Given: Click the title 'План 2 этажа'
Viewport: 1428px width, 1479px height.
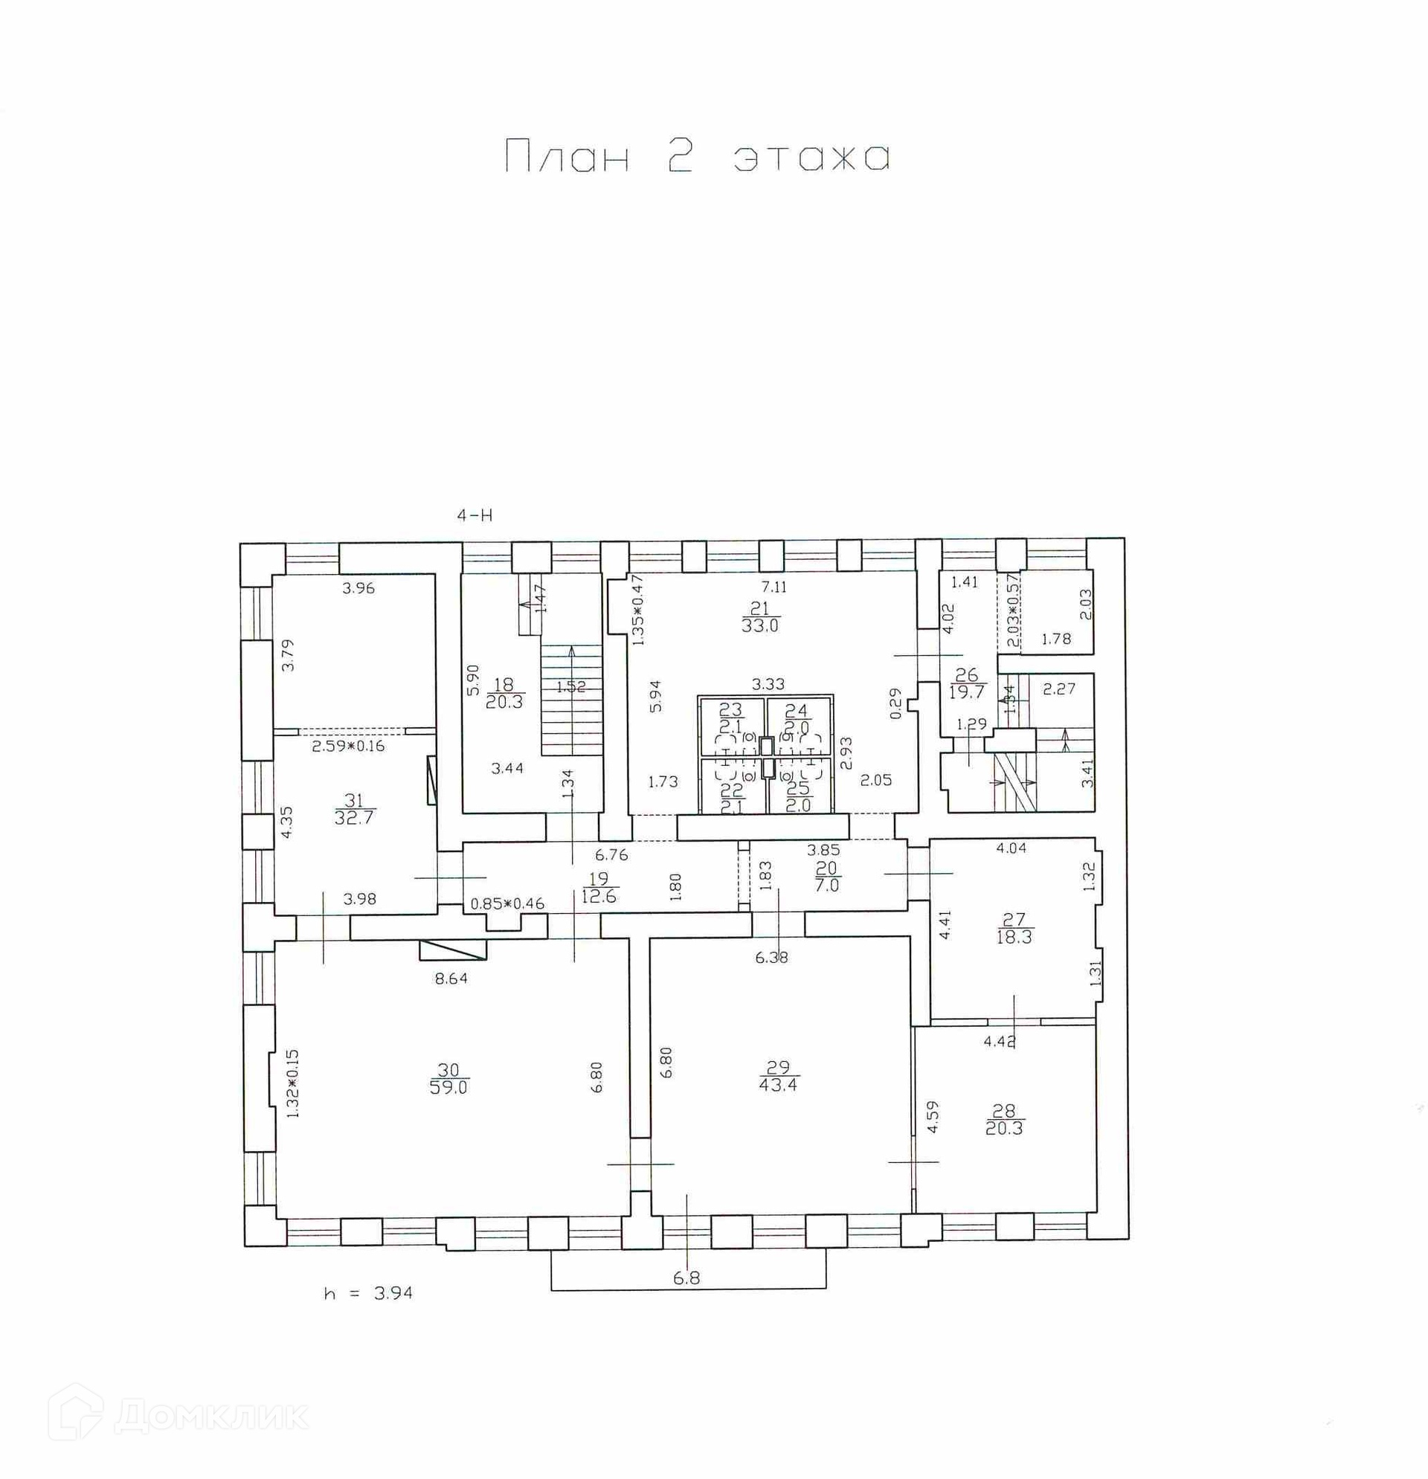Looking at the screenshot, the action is coord(698,157).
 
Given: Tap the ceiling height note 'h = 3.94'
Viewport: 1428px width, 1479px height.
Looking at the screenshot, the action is coord(368,1292).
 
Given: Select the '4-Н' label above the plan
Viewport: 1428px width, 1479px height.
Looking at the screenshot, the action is coord(475,515).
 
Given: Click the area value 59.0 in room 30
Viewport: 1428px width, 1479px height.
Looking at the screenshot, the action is coord(448,1087).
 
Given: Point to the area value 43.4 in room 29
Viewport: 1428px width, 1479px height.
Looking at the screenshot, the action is coord(778,1085).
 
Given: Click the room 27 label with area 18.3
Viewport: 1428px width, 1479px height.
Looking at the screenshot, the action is coord(1014,928).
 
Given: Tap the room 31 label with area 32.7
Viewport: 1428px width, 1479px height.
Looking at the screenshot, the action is coord(354,808).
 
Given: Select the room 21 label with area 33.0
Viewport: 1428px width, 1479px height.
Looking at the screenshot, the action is coord(759,617).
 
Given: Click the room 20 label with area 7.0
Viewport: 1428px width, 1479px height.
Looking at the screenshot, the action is coord(826,877).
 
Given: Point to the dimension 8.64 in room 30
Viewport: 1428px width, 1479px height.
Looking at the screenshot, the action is coord(451,979).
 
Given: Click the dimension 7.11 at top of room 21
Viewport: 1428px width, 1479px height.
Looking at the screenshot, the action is coord(773,586).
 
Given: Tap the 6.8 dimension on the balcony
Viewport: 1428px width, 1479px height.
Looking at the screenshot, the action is coord(686,1277).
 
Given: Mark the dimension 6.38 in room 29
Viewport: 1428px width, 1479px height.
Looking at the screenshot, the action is coord(771,958).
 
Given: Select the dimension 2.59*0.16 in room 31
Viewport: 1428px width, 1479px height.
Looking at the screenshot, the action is coord(348,747).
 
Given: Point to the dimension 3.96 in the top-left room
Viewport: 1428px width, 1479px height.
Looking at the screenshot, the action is coord(358,589).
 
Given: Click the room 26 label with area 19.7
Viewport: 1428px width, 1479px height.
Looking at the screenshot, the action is coord(966,682).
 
